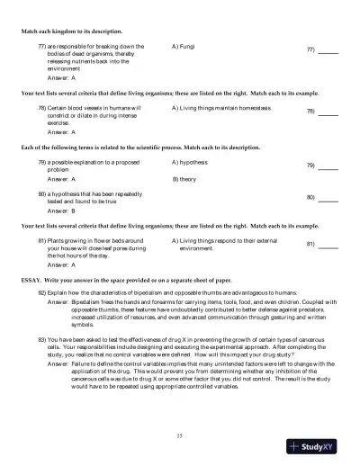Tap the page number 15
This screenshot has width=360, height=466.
pos(180,435)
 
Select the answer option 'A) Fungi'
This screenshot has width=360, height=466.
pos(183,44)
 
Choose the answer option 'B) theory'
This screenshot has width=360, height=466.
pos(184,179)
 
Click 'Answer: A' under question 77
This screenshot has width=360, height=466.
pos(62,78)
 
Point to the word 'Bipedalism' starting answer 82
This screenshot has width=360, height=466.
pos(87,303)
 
